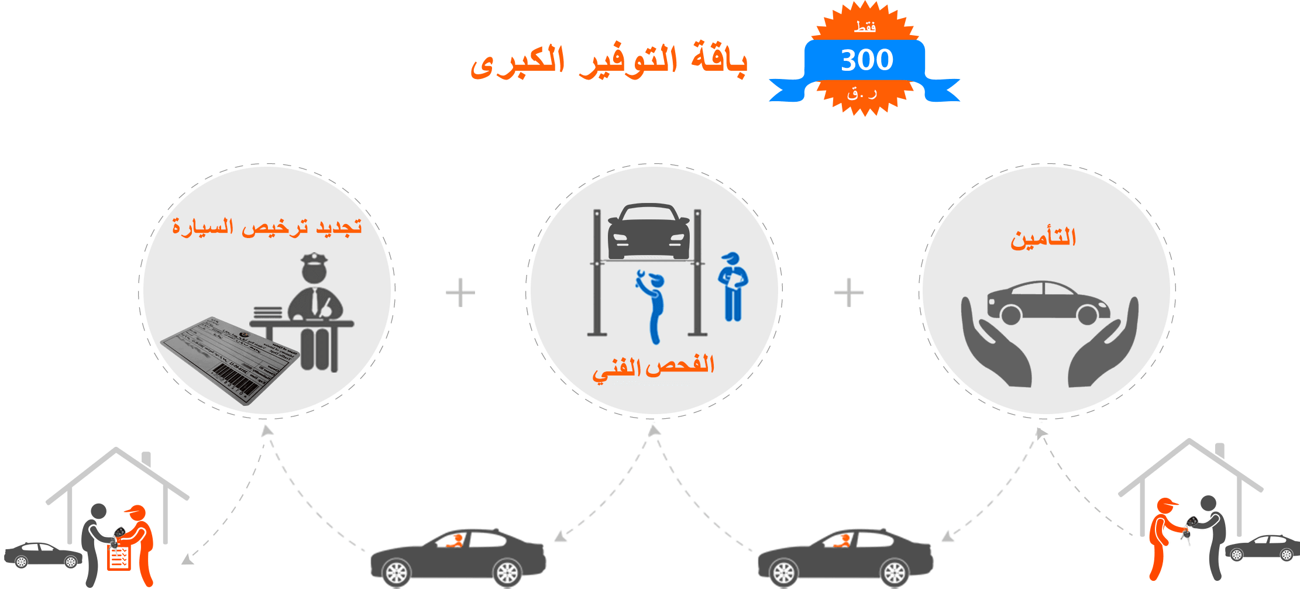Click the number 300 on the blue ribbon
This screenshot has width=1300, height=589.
pyautogui.click(x=866, y=60)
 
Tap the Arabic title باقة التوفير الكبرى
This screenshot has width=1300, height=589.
pyautogui.click(x=608, y=61)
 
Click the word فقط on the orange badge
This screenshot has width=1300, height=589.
pyautogui.click(x=865, y=27)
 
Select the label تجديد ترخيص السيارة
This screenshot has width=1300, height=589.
pyautogui.click(x=267, y=226)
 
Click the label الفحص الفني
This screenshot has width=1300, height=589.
pyautogui.click(x=654, y=367)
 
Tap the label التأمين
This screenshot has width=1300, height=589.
pyautogui.click(x=1043, y=238)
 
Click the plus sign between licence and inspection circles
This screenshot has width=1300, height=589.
pyautogui.click(x=460, y=292)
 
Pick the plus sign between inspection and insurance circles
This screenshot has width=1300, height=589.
pyautogui.click(x=848, y=292)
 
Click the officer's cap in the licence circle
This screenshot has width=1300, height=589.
pyautogui.click(x=314, y=259)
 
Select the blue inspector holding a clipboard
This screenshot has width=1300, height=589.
pyautogui.click(x=732, y=287)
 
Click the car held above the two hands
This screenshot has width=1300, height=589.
pyautogui.click(x=1047, y=303)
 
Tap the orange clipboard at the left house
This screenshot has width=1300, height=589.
pyautogui.click(x=119, y=558)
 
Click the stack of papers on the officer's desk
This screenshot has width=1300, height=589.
pyautogui.click(x=268, y=313)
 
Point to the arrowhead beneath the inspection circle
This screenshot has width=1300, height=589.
pyautogui.click(x=654, y=430)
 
